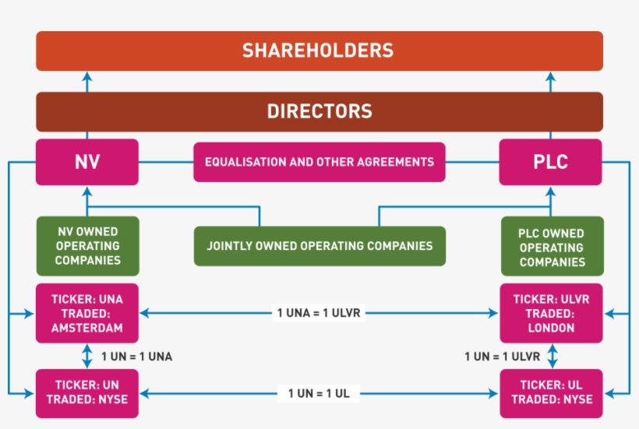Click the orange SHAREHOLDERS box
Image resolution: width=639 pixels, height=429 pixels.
319,51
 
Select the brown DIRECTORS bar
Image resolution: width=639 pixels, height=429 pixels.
319,111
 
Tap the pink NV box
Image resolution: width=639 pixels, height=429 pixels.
87,162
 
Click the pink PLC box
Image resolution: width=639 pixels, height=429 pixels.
550,162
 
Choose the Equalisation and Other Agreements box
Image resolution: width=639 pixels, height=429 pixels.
319,162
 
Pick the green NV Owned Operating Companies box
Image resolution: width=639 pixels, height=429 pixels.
87,246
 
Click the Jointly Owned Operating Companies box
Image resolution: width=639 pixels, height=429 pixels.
319,246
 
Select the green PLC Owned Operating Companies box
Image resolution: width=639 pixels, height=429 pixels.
550,247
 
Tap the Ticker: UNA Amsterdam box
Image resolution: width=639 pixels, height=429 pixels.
87,313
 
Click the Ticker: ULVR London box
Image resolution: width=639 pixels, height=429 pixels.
550,313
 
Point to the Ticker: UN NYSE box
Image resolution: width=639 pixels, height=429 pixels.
87,392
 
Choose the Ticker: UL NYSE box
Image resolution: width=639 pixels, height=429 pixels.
550,392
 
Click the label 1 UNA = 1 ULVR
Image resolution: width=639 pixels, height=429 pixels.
319,313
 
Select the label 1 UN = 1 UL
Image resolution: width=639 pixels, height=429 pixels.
319,393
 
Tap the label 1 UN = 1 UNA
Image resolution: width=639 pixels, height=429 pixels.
137,357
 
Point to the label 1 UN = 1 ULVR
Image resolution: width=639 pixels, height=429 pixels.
503,357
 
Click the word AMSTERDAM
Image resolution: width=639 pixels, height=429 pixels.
87,328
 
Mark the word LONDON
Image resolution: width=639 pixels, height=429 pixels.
550,328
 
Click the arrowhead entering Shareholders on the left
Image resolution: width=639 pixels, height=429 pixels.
87,76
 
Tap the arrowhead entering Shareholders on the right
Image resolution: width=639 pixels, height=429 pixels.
550,76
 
